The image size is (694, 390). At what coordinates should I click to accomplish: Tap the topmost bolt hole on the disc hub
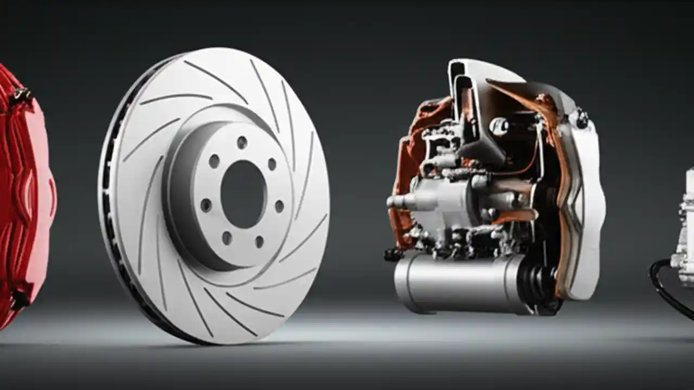click(x=242, y=142)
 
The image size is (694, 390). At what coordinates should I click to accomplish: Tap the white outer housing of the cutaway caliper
click(x=588, y=206)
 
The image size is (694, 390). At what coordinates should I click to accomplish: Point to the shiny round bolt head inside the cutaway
click(x=498, y=126)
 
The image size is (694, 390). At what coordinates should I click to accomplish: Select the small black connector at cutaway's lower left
click(x=393, y=253)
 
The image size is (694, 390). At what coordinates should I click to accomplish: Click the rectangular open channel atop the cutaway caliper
click(x=461, y=87)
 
